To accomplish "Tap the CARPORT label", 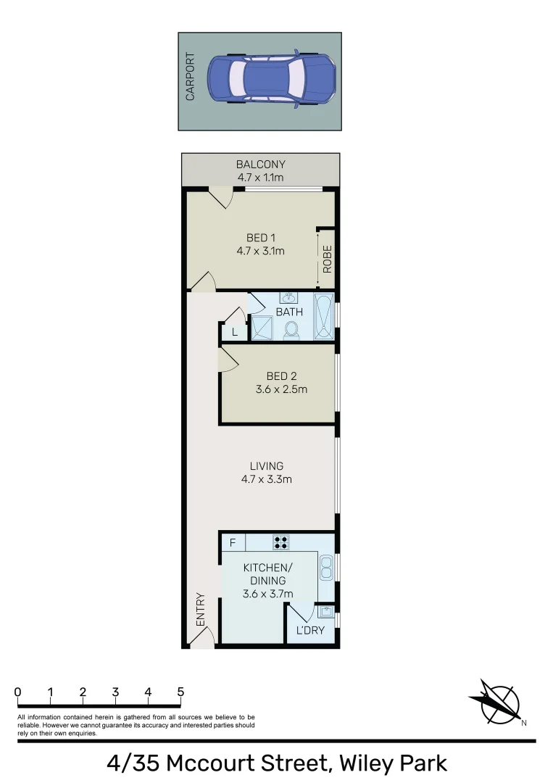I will [x=191, y=76].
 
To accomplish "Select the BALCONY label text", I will [x=260, y=165].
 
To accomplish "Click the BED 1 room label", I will [x=260, y=238].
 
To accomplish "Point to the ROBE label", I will [x=328, y=259].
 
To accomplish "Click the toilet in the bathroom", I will [x=291, y=330].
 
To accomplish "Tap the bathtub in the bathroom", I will [x=324, y=316].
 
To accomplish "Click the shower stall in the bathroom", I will [x=261, y=328].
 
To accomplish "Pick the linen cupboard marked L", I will [x=234, y=332].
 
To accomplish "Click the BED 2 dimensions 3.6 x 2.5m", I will [x=281, y=389].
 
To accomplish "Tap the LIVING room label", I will [x=267, y=466].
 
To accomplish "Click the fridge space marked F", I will [x=233, y=542].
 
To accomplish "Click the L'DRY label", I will [x=310, y=630].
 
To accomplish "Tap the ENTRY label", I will [x=201, y=610].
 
